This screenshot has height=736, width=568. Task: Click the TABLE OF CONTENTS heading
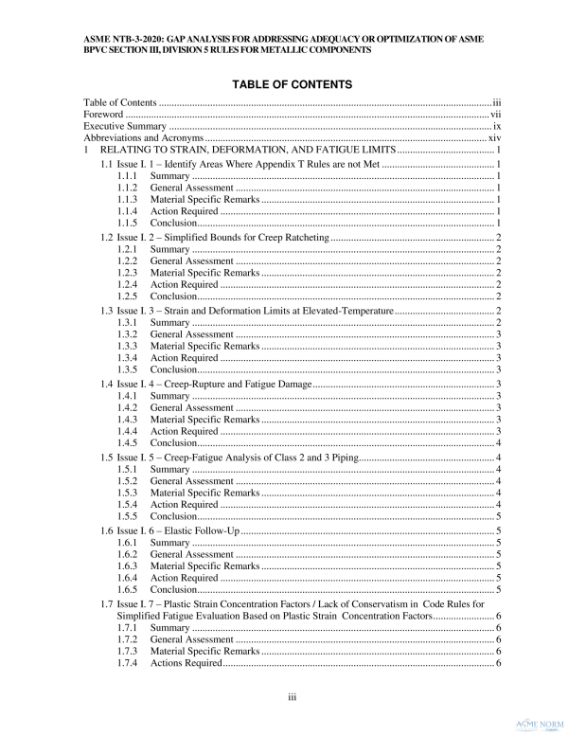point(284,84)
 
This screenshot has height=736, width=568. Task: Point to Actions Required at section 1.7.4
point(186,663)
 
